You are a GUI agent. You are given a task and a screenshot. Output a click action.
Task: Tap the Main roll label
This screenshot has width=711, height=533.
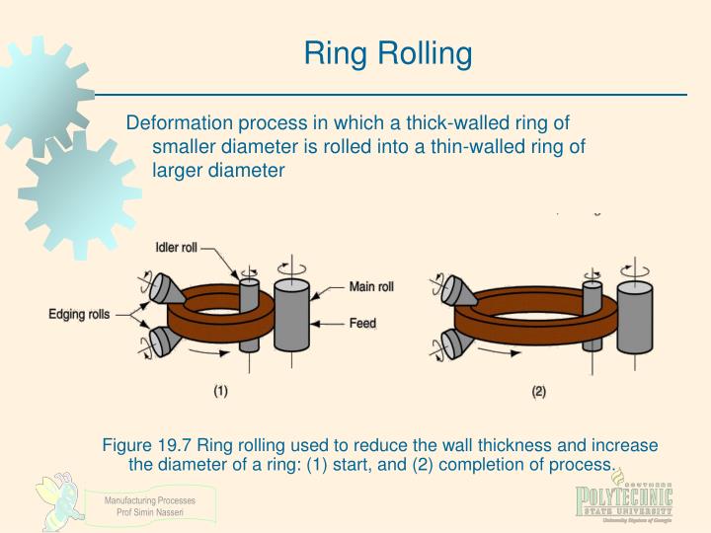[x=371, y=287]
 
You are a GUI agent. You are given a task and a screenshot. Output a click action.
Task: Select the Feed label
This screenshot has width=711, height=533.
[x=362, y=323]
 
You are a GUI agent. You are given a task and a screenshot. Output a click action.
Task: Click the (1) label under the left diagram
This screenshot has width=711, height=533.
[x=220, y=391]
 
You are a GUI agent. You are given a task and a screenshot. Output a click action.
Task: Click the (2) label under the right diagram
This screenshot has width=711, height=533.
[x=538, y=391]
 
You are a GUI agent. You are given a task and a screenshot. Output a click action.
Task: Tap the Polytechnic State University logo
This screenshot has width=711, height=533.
[x=624, y=500]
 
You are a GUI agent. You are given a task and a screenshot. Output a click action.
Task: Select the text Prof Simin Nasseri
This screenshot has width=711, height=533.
[x=150, y=511]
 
